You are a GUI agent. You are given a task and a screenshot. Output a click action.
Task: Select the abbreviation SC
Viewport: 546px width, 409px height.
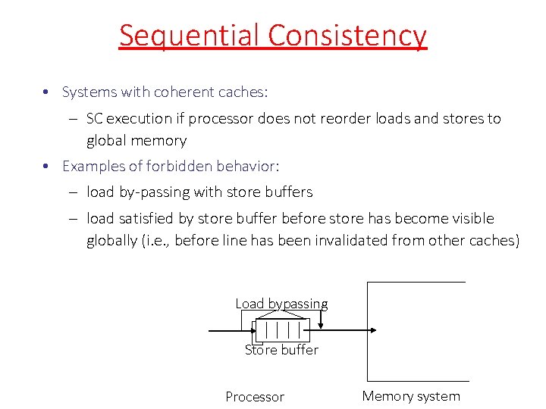pos(96,119)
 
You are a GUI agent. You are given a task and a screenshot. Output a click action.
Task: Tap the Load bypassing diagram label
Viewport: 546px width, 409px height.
pos(281,304)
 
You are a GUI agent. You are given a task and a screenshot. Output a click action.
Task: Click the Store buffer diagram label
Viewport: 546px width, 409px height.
pos(281,350)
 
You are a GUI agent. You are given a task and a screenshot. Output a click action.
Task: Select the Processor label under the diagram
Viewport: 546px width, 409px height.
pos(255,397)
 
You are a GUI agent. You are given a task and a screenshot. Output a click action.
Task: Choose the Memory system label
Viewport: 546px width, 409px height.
pos(411,396)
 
